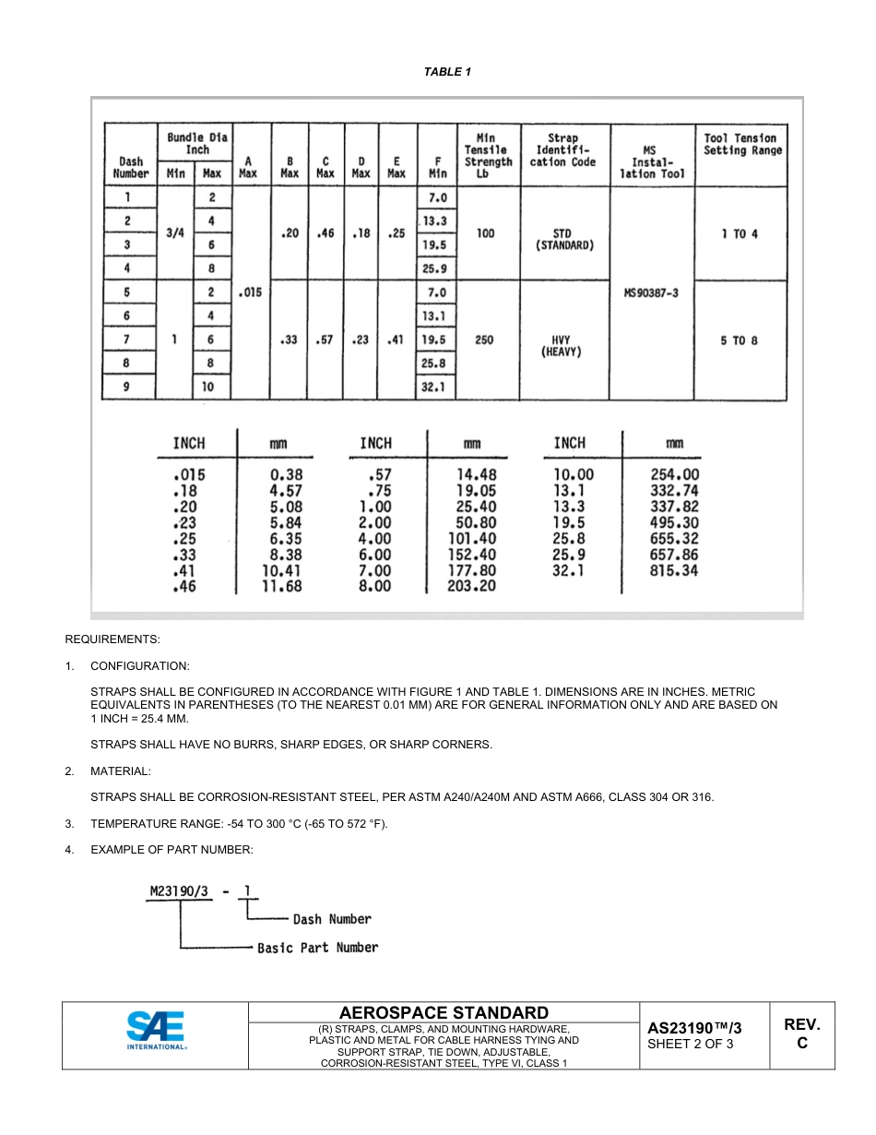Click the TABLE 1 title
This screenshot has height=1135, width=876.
447,72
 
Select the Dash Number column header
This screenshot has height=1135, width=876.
130,167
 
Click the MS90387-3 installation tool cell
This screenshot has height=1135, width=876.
651,293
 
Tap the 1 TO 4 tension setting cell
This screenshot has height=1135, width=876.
740,233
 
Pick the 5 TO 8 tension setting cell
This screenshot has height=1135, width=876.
740,340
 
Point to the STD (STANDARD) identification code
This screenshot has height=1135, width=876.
564,240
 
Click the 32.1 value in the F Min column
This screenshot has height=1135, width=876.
433,388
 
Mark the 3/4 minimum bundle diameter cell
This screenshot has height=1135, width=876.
174,233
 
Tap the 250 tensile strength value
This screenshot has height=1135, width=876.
484,340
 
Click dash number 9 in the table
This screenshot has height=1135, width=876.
127,388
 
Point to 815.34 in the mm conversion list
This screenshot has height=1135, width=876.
674,570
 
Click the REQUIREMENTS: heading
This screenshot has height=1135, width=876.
112,639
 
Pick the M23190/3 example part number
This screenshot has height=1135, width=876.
180,891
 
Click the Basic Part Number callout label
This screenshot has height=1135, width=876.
317,948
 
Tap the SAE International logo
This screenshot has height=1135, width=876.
156,1033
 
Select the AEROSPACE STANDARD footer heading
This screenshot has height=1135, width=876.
444,1012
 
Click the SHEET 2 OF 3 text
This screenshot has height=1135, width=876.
690,1045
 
